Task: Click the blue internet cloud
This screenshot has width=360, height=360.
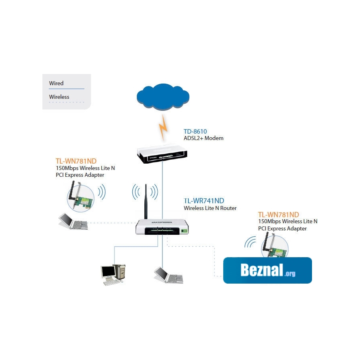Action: [x=162, y=98]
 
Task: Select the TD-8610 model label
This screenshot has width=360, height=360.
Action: [x=195, y=131]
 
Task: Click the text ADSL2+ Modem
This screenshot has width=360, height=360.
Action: [x=203, y=138]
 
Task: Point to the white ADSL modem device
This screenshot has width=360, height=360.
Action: [x=162, y=154]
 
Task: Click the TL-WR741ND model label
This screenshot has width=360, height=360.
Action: [x=204, y=201]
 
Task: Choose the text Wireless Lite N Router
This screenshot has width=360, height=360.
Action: [x=210, y=208]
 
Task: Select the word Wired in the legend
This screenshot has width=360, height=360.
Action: [x=56, y=83]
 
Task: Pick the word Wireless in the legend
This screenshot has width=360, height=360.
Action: [x=59, y=97]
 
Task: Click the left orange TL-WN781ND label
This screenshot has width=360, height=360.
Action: [x=76, y=161]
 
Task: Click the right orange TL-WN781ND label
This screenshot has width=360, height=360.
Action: [x=278, y=215]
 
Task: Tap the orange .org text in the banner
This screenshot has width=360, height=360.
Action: [x=290, y=274]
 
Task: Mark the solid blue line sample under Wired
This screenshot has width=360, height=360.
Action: [x=66, y=88]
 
